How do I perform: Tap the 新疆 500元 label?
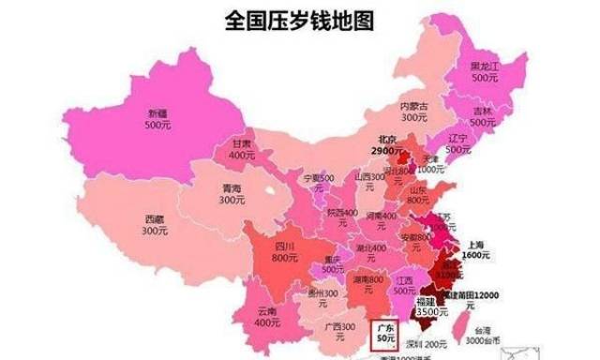(157, 117)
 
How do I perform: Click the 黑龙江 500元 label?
(485, 73)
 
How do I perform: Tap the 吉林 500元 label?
(484, 117)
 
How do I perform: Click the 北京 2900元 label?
(383, 144)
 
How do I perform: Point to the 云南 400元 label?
(266, 315)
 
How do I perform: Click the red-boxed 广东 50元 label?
(384, 334)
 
